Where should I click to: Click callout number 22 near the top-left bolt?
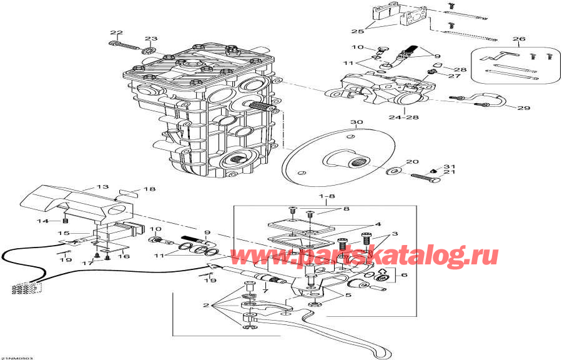coord(117,32)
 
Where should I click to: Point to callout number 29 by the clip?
coord(523,108)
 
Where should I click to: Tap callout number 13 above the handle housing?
coord(102,187)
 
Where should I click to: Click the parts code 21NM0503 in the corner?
coord(17,357)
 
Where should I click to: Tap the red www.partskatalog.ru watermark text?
coord(364,256)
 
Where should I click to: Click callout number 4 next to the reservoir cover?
coord(377,224)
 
